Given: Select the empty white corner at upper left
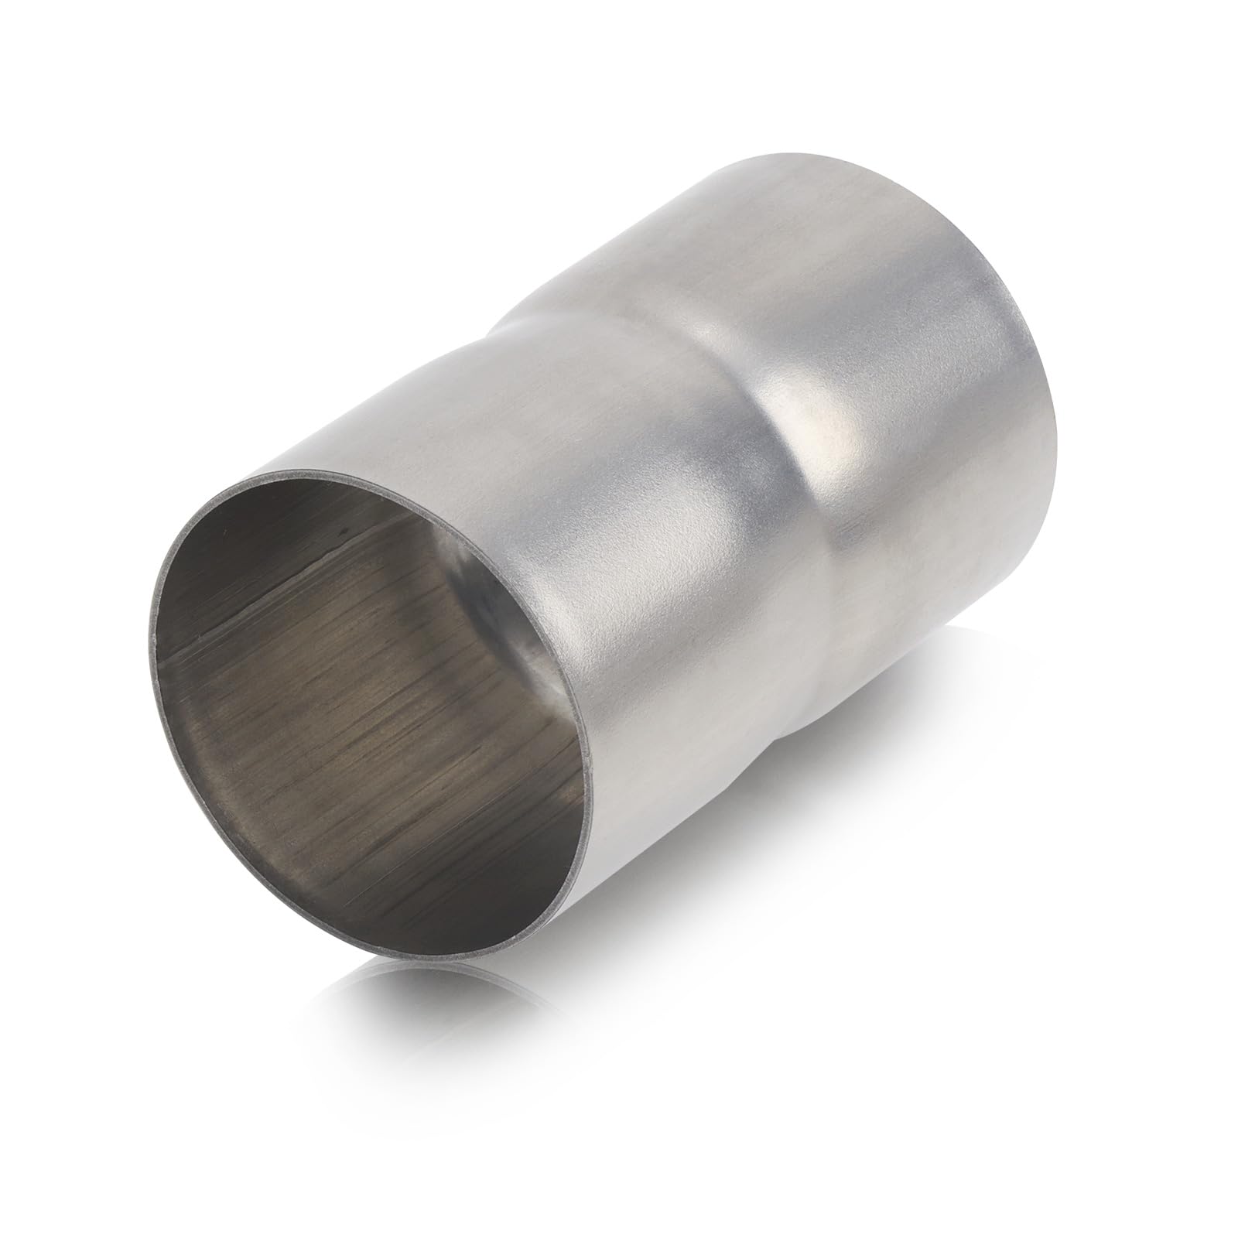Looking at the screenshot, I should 116,116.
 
